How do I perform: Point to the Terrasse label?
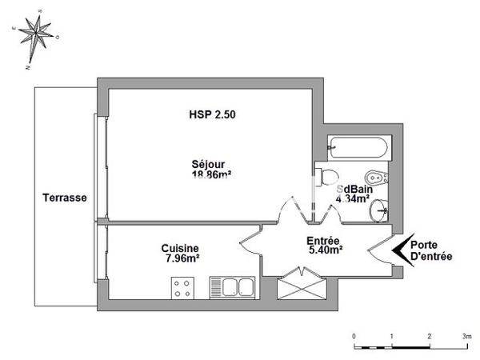[65, 198]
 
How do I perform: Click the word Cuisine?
[180, 249]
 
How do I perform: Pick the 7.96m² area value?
[181, 258]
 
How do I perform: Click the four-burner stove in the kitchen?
[182, 286]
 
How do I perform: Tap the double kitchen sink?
[231, 286]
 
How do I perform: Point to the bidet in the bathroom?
[373, 177]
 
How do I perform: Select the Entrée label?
[324, 240]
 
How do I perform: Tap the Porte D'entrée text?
[431, 251]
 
